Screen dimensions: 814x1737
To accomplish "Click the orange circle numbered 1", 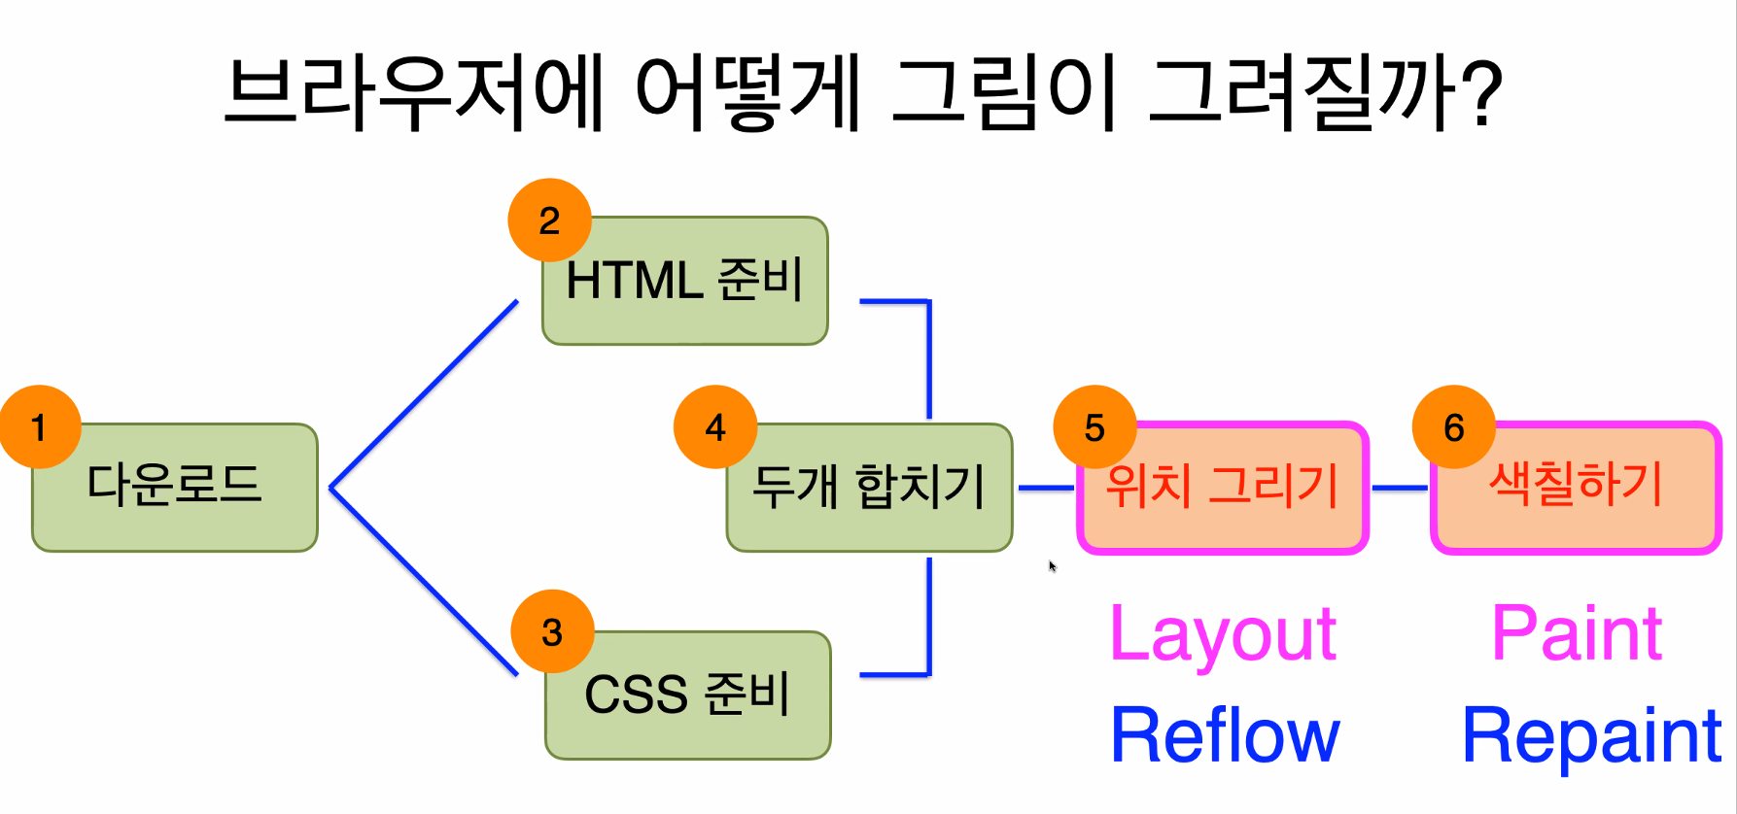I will point(40,427).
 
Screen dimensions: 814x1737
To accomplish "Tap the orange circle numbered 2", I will point(549,220).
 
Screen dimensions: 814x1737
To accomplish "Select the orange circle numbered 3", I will point(552,632).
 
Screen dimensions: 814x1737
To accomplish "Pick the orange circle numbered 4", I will point(715,427).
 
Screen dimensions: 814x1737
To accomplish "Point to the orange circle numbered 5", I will point(1094,427).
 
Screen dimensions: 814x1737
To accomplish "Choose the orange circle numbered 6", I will point(1454,427).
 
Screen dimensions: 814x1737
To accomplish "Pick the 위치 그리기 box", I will point(1223,489).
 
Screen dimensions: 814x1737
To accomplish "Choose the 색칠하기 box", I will point(1577,489).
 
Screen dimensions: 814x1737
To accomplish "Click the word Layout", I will point(1223,634).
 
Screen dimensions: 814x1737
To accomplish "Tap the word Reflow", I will point(1225,735).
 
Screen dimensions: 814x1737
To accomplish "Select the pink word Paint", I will point(1577,634).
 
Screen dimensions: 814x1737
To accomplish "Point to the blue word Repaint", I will point(1592,735).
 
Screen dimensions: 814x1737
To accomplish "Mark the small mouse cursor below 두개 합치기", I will point(1052,565).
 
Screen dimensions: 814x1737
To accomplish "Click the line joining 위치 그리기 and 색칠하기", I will point(1400,488).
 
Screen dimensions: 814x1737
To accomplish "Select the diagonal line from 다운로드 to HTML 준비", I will point(425,393).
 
